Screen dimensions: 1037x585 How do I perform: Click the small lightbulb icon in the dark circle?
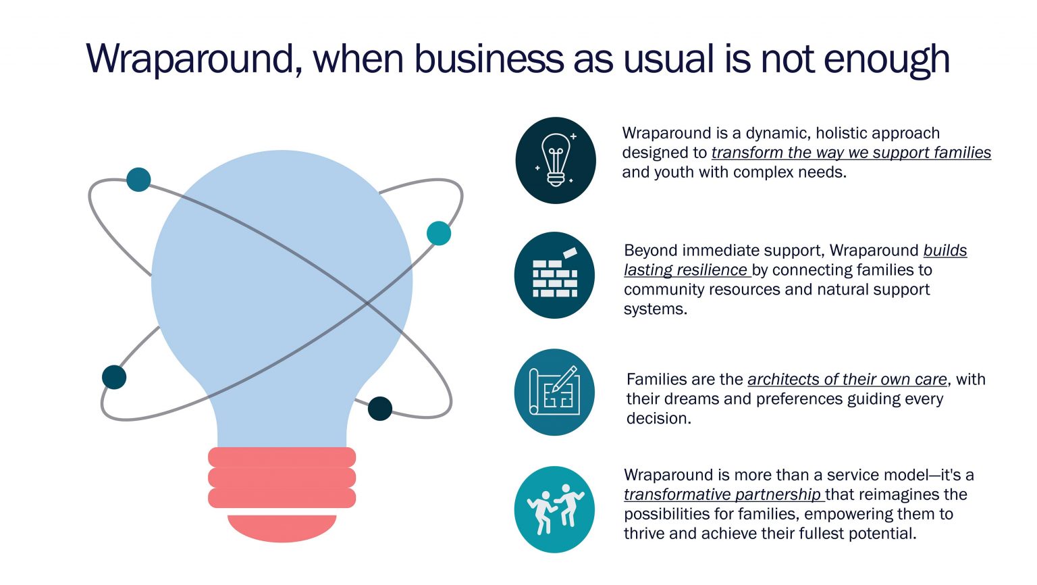tap(556, 160)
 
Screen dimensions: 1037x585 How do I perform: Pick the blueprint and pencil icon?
tap(554, 391)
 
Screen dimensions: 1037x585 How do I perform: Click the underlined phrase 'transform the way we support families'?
tap(851, 153)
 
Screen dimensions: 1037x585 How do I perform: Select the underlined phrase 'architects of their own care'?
tap(847, 380)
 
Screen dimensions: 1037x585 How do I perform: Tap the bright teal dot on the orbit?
tap(438, 233)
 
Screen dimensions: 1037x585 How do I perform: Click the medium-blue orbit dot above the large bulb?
tap(138, 179)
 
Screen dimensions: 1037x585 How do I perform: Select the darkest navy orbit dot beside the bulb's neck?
tap(380, 409)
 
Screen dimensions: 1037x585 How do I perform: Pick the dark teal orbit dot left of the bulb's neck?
tap(114, 377)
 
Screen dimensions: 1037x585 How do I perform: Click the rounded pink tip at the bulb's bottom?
tap(282, 528)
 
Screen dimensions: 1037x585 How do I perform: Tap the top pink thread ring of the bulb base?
tap(282, 457)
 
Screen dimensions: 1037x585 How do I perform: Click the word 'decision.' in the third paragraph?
tap(659, 418)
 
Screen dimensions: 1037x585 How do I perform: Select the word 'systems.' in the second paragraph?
tap(656, 309)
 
